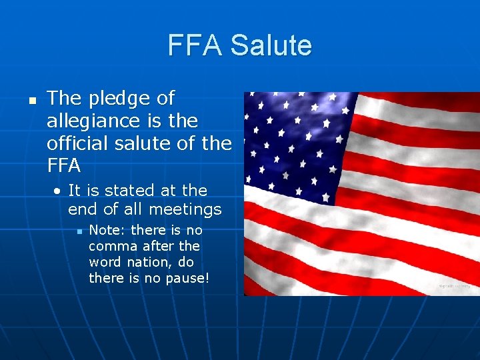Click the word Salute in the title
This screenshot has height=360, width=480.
tap(271, 45)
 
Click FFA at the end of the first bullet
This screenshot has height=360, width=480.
tap(64, 164)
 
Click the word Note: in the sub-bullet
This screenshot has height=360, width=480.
tap(108, 230)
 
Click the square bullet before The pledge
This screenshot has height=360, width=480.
tap(31, 100)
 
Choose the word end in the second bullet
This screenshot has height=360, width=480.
tap(82, 210)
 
